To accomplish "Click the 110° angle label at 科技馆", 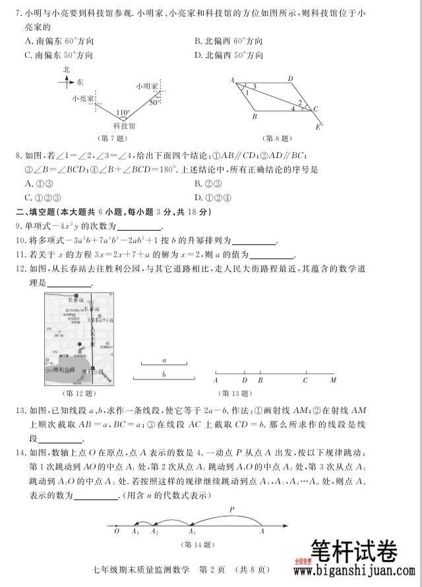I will click(x=123, y=112).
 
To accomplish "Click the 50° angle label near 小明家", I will click(x=153, y=102).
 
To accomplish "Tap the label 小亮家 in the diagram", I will click(x=83, y=98).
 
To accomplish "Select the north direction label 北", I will click(x=66, y=69).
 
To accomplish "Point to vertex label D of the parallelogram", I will click(x=290, y=79).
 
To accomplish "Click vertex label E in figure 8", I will click(x=318, y=127).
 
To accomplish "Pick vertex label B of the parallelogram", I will click(x=254, y=118).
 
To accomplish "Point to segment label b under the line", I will click(x=164, y=374).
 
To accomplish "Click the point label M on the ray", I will click(x=333, y=380).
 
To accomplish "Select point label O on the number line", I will click(x=117, y=530).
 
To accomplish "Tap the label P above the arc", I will click(x=231, y=509).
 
